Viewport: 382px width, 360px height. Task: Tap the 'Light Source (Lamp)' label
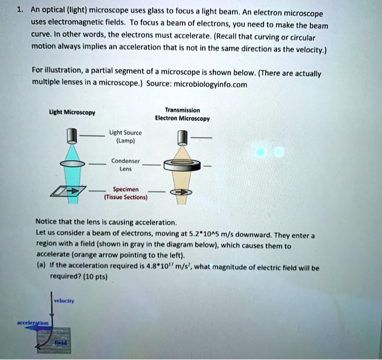[127, 135]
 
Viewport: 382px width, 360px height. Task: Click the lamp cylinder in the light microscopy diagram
[69, 135]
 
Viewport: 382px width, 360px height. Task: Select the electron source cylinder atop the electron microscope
[182, 136]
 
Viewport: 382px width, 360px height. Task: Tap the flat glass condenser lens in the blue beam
[69, 164]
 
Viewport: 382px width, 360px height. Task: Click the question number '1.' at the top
[19, 9]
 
